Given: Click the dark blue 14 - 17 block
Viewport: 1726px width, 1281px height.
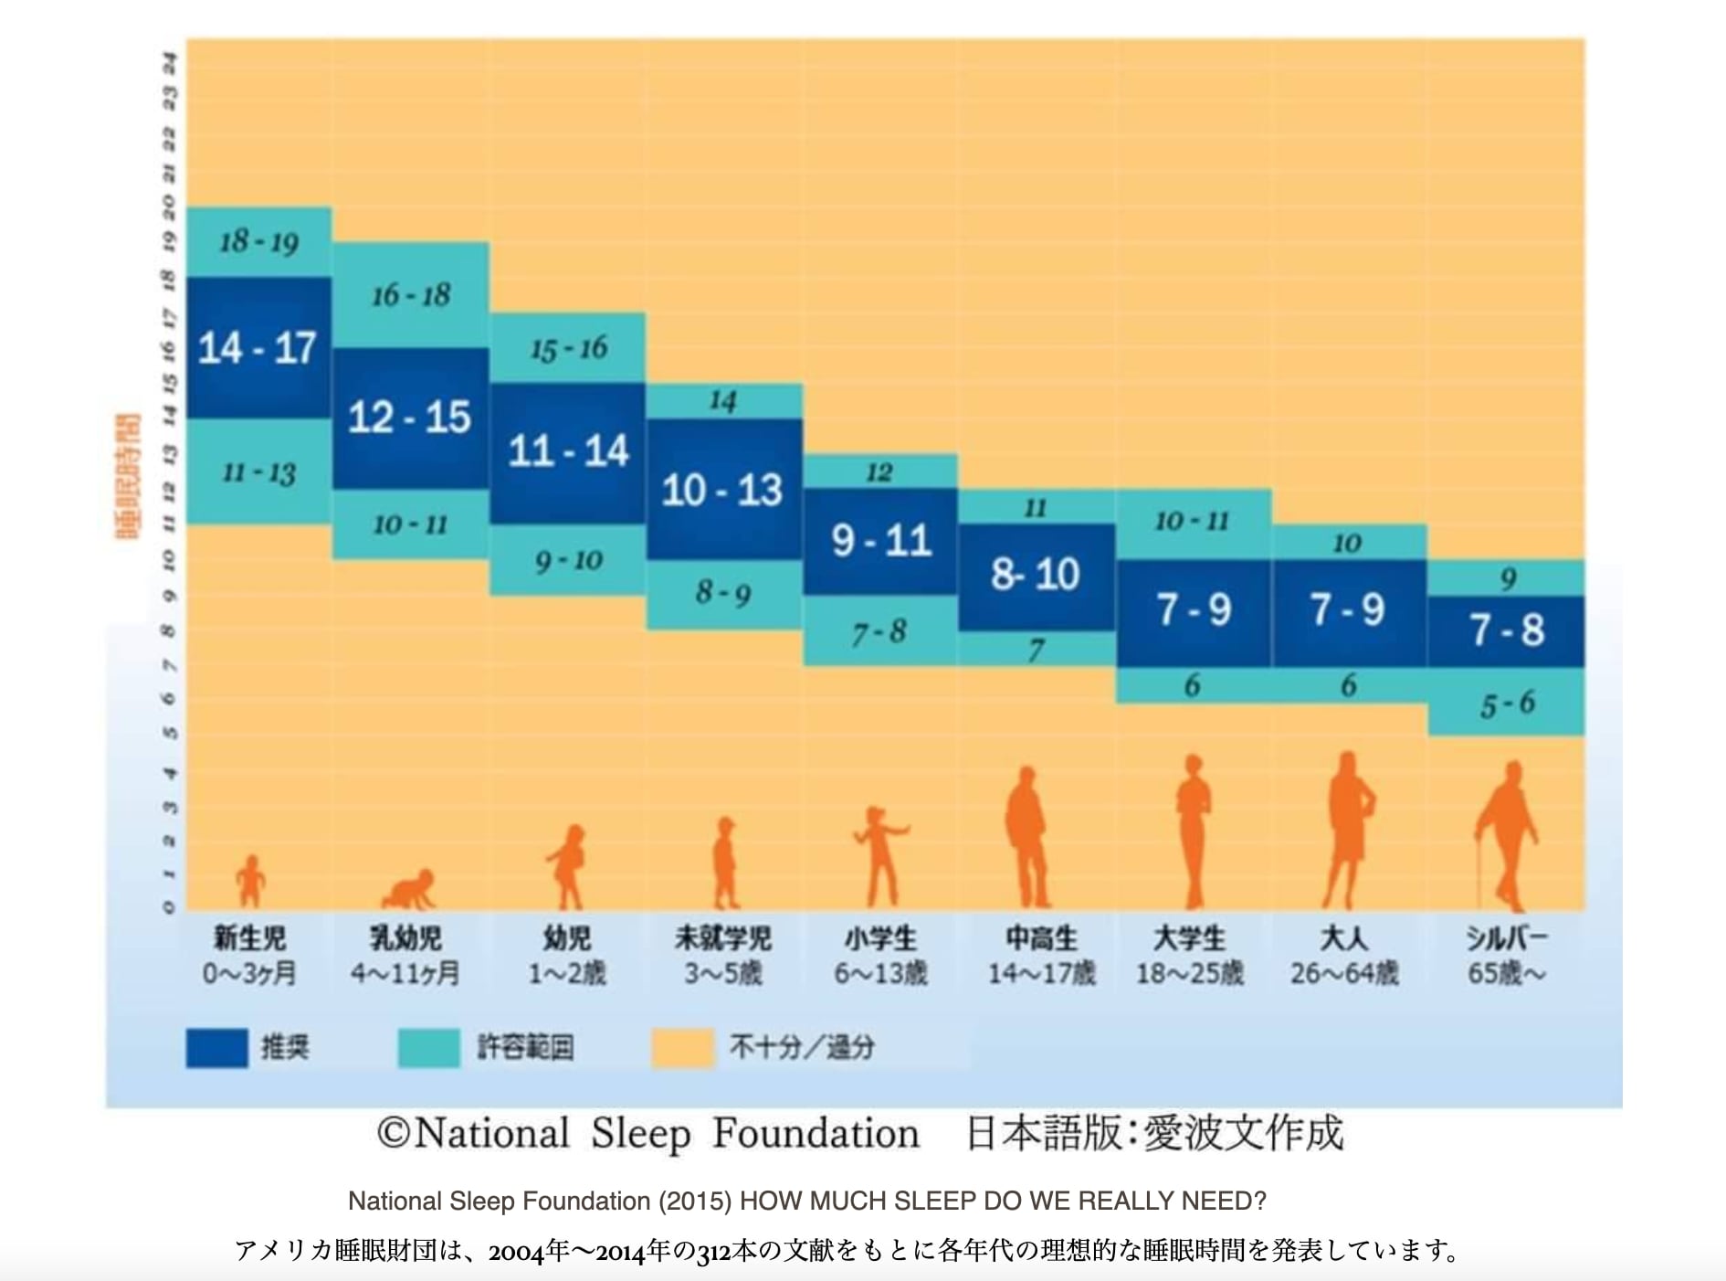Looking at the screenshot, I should (258, 347).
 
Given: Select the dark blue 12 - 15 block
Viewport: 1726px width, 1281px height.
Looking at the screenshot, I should (409, 418).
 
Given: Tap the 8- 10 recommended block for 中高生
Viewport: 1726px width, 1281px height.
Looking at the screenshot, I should (1036, 575).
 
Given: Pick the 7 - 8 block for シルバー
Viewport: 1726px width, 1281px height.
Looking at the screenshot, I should (1507, 630).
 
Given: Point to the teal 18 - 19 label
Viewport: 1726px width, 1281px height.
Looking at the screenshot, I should (258, 242).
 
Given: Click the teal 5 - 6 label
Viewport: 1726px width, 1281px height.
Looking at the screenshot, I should (1507, 704).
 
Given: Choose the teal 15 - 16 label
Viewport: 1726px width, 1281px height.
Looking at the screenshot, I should (568, 348).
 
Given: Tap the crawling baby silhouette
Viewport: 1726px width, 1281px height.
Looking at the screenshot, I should (408, 888).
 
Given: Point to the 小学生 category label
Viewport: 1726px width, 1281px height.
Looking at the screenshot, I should (880, 938).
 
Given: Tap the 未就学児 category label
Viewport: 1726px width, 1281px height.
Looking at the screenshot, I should (722, 938).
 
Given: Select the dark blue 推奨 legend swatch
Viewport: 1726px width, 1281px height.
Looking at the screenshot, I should (216, 1048).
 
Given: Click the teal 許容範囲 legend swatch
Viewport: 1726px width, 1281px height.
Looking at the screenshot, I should (428, 1048).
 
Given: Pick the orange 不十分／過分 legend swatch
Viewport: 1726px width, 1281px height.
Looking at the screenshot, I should (682, 1048).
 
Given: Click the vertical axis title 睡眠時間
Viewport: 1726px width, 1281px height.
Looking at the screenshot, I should (129, 475).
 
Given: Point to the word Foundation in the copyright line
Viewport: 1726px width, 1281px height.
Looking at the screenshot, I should (816, 1134).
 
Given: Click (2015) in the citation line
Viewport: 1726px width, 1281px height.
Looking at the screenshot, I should (695, 1201).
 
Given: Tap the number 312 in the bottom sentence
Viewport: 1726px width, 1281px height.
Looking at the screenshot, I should (711, 1251).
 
